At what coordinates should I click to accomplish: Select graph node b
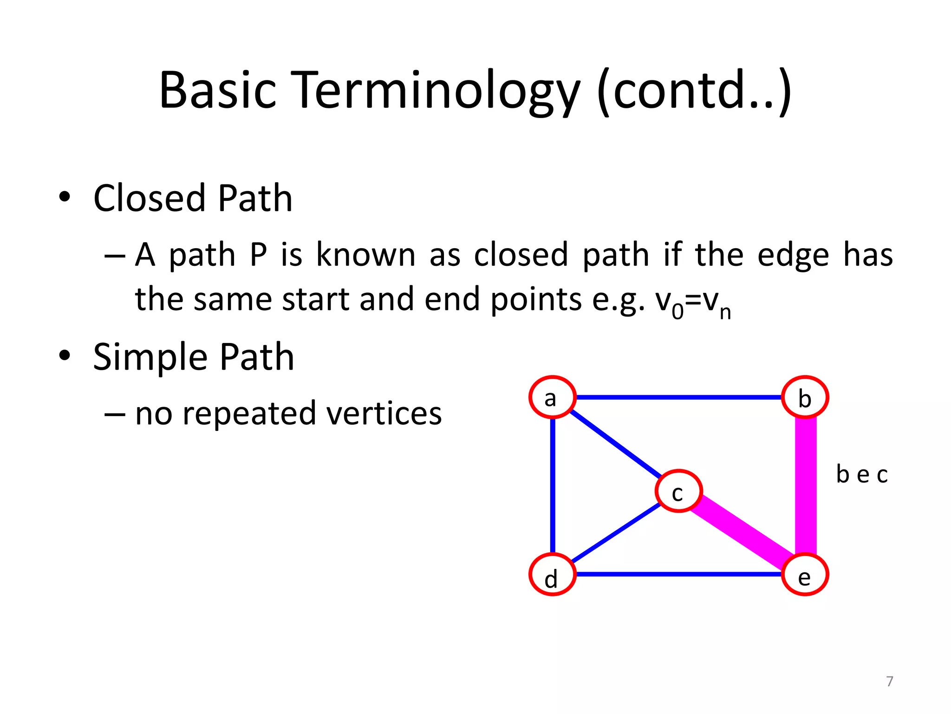805,397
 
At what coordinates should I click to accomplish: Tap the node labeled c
678,491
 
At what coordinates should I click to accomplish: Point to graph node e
805,575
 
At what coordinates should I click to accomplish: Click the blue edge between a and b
678,397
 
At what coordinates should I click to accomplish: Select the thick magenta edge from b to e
806,486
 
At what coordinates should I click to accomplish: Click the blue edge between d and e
678,575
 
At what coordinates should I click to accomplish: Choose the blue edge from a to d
553,486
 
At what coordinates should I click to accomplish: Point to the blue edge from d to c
615,533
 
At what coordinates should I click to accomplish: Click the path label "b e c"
861,475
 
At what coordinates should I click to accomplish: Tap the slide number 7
889,681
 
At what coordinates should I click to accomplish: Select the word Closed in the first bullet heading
149,198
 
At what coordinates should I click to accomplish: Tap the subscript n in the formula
725,313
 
